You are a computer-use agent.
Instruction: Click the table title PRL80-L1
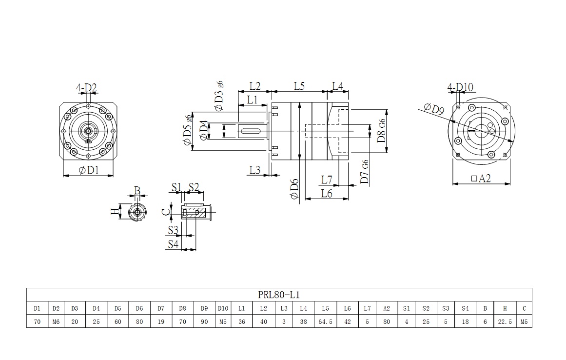pyautogui.click(x=278, y=295)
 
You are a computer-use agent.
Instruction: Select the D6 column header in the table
pyautogui.click(x=139, y=308)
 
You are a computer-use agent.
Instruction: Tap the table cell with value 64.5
pyautogui.click(x=325, y=322)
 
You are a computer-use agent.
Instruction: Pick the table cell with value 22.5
pyautogui.click(x=505, y=322)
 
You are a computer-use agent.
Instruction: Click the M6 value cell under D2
pyautogui.click(x=56, y=322)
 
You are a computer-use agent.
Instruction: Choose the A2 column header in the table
pyautogui.click(x=387, y=308)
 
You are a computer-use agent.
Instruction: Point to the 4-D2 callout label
pyautogui.click(x=86, y=88)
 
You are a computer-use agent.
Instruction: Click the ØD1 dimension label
pyautogui.click(x=89, y=170)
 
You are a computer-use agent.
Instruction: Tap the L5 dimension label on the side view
pyautogui.click(x=299, y=86)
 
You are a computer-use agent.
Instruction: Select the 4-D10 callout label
pyautogui.click(x=460, y=88)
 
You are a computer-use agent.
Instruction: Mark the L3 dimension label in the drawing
pyautogui.click(x=254, y=170)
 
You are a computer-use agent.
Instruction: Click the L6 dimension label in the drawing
pyautogui.click(x=327, y=193)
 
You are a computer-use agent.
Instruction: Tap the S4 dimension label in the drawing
pyautogui.click(x=173, y=244)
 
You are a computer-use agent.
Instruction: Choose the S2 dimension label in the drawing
pyautogui.click(x=194, y=186)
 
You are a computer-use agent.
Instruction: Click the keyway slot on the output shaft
pyautogui.click(x=253, y=130)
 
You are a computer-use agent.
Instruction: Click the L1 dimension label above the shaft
pyautogui.click(x=252, y=100)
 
